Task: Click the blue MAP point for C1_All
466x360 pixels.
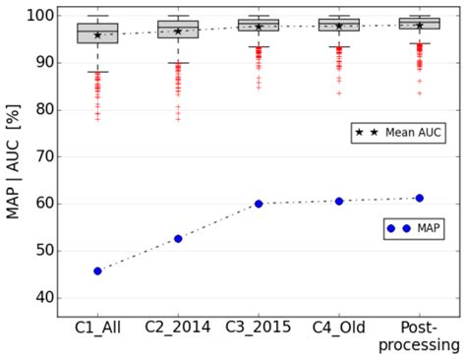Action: point(97,270)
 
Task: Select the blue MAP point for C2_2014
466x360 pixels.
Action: point(178,238)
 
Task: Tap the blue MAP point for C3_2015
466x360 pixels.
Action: point(259,204)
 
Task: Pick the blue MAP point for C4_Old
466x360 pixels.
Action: point(339,201)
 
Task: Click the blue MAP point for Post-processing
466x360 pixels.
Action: point(420,198)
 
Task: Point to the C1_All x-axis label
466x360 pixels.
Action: point(97,327)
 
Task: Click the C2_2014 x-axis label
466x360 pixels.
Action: point(178,327)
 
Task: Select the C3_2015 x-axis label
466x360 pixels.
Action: point(259,327)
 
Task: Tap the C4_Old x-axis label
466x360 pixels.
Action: point(339,327)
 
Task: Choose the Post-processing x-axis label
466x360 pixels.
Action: point(420,334)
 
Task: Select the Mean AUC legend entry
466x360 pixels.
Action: point(398,132)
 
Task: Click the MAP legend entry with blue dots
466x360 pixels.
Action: point(414,228)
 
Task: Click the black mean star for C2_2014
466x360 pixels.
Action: point(178,31)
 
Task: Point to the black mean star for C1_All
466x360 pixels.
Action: point(97,35)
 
